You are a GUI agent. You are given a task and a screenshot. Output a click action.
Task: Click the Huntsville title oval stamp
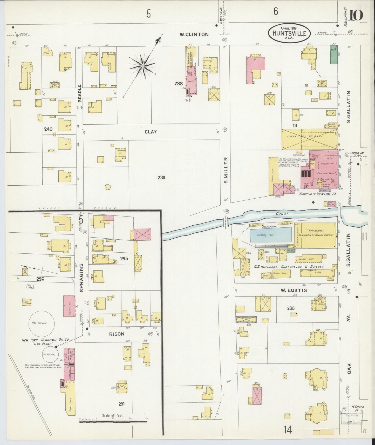point(289,33)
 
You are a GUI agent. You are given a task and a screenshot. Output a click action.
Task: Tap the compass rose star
point(142,66)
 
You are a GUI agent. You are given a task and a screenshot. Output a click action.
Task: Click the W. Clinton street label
point(194,34)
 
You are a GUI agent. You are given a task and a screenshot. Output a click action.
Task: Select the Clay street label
point(151,132)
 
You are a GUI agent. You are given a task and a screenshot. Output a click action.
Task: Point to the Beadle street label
point(80,93)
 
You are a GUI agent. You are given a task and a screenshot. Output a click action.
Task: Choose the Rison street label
point(117,334)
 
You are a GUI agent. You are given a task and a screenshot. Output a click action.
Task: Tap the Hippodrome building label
point(318,230)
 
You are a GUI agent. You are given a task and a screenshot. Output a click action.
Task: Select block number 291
point(121,404)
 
